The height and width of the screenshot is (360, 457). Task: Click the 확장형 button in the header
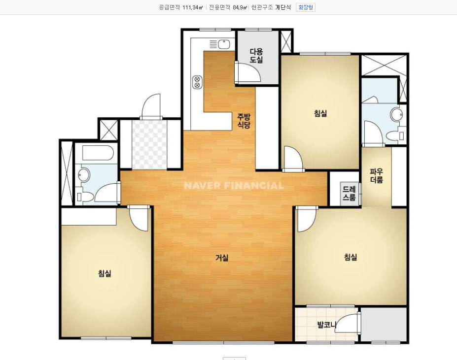(x=306, y=7)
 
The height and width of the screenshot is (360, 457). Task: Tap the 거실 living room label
(x=222, y=258)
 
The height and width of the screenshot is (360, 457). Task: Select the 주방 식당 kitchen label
(x=244, y=121)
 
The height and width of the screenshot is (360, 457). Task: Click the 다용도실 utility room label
(x=256, y=56)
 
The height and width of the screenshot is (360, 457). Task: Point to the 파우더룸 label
(x=376, y=176)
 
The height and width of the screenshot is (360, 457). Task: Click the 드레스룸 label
(x=349, y=194)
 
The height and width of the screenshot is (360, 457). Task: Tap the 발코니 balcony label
(x=327, y=324)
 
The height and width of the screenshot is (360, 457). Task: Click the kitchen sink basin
(x=224, y=44)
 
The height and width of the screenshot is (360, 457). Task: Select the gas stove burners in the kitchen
(x=197, y=82)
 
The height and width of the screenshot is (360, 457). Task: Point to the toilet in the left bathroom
(x=85, y=196)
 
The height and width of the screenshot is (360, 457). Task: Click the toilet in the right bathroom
(x=395, y=135)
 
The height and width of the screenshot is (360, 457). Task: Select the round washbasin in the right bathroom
(x=397, y=114)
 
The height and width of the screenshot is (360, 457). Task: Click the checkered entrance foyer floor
(x=149, y=144)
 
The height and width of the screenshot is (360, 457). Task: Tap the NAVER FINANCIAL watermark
(x=234, y=186)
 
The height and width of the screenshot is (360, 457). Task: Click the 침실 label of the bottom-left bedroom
(x=105, y=273)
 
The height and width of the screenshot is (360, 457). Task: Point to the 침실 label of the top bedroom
(x=320, y=113)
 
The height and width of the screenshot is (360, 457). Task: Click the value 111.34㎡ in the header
(x=193, y=7)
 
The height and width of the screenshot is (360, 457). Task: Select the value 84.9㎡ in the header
(x=240, y=7)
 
